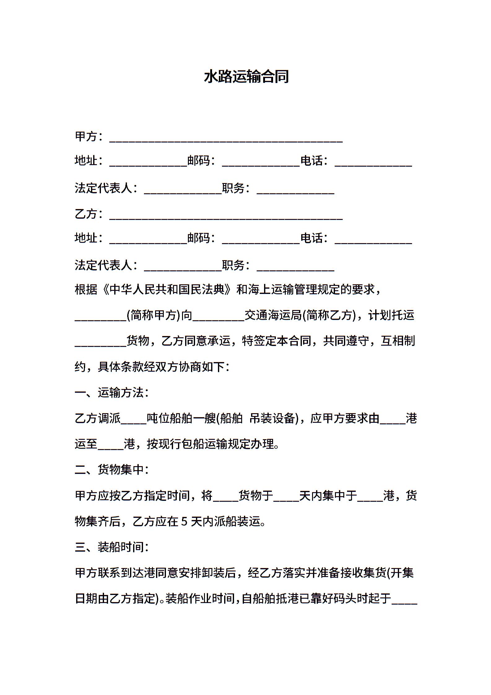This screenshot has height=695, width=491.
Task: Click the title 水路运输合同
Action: coord(246,77)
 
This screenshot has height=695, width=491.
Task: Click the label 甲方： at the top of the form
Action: coord(89,136)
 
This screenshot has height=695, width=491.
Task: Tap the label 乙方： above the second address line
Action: coord(89,214)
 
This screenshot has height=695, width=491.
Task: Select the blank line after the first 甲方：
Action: coord(226,139)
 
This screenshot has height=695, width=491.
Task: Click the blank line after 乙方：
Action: coord(226,216)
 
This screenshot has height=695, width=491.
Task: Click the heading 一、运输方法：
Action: coord(112,392)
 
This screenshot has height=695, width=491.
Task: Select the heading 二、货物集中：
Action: coord(112,470)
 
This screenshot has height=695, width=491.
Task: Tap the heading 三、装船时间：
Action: coord(112,547)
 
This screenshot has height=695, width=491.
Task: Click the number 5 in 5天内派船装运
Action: coord(184,522)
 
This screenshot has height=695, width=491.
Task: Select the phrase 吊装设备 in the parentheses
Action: coord(272,418)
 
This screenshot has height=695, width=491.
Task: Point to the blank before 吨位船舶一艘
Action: coord(133,421)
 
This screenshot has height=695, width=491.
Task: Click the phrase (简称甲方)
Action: coord(154,315)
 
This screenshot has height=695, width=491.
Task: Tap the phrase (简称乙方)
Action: coord(329,315)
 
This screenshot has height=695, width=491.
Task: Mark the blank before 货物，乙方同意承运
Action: coord(100,343)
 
